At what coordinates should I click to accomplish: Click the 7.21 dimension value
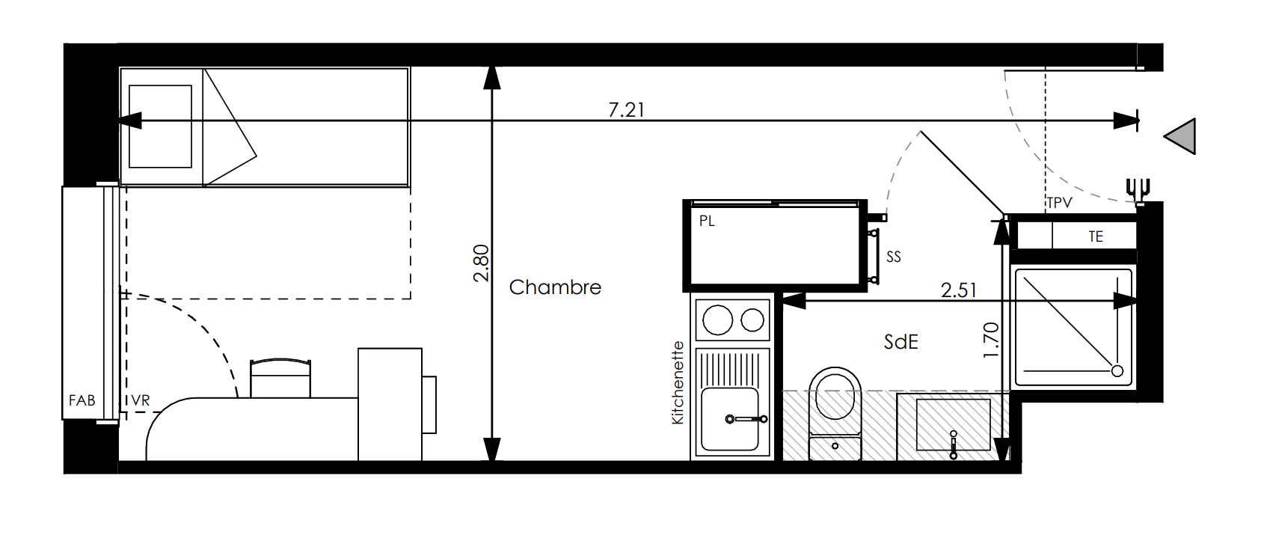point(626,110)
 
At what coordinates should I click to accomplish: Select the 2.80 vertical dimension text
point(481,263)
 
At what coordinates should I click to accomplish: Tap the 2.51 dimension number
point(959,290)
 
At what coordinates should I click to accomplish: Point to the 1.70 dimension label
point(991,340)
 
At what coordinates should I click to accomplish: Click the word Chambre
point(555,287)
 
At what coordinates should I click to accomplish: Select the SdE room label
point(901,341)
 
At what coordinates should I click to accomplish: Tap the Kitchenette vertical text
point(677,382)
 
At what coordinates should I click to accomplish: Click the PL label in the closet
point(707,221)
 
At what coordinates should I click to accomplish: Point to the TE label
point(1096,236)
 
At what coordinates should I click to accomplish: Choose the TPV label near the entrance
point(1059,203)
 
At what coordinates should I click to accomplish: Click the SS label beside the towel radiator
point(894,257)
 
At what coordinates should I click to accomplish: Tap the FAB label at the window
point(82,400)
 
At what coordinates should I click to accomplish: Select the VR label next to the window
point(141,400)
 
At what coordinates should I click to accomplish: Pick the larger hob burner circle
point(718,320)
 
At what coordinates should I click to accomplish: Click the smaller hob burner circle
point(752,320)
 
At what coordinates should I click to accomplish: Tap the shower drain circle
point(1117,371)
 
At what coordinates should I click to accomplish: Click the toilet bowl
point(835,394)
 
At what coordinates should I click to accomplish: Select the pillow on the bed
point(161,126)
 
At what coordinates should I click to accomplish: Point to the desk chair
point(280,378)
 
